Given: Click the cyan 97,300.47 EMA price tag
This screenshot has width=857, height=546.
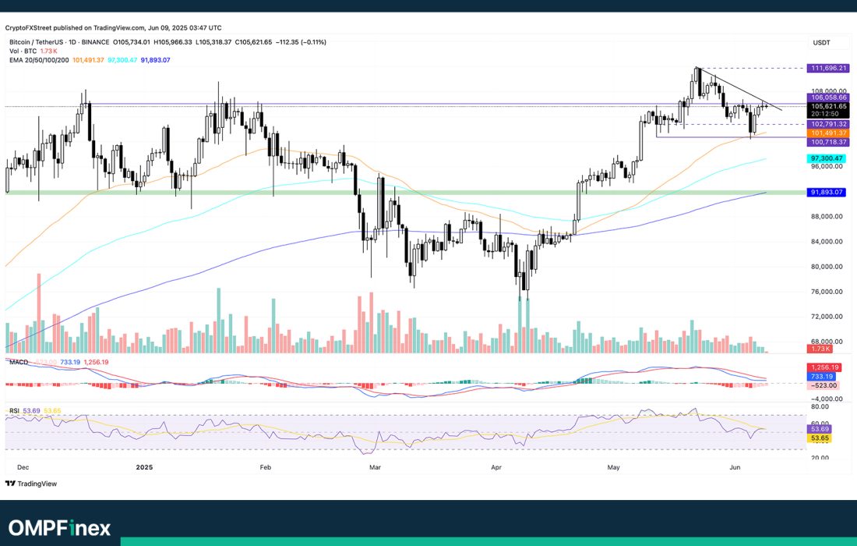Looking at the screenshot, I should (826, 158).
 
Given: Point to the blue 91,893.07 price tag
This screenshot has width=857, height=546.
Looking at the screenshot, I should (826, 192).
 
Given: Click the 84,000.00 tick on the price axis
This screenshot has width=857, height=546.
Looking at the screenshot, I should (826, 242).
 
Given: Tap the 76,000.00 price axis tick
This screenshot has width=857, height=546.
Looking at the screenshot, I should (826, 292).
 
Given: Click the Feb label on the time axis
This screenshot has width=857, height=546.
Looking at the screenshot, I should (265, 467).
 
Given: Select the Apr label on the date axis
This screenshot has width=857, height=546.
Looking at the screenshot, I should (497, 467).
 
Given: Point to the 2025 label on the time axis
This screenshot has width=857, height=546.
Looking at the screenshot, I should (143, 467).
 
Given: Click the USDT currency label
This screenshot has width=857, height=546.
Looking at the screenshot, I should (822, 42).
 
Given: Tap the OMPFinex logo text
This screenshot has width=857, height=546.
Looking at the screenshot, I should (60, 527).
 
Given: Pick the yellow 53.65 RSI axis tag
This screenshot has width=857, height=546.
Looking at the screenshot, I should (820, 438).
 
